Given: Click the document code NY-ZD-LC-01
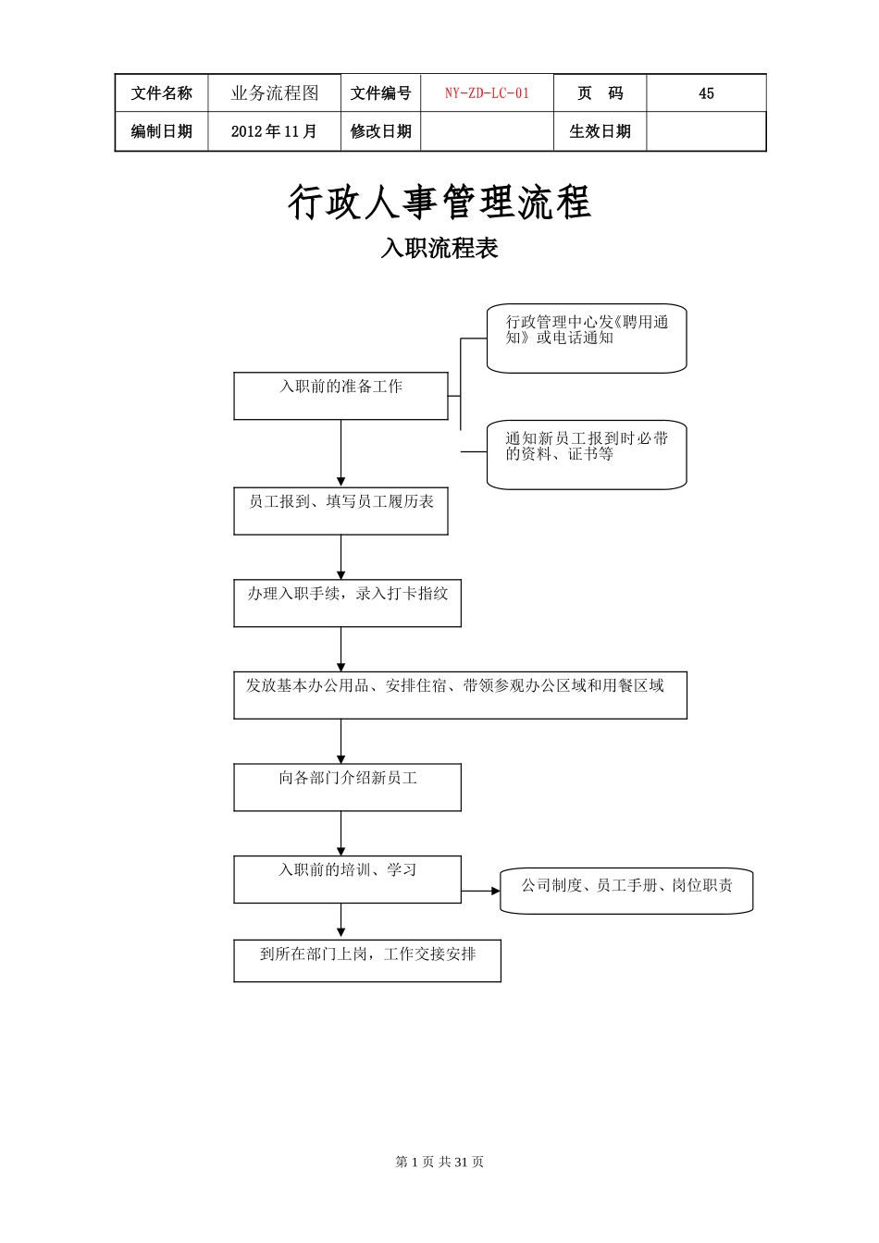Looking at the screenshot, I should click(x=487, y=93).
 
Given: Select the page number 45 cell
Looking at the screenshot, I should click(x=706, y=93).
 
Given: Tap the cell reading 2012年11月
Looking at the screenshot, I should click(x=274, y=131).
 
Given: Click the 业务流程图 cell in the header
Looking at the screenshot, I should click(x=274, y=93).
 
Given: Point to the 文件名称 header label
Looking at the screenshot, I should click(x=162, y=93).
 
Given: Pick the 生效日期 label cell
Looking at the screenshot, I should click(x=600, y=131).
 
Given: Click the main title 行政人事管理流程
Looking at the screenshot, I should click(x=439, y=203).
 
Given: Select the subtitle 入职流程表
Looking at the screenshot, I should click(x=439, y=248).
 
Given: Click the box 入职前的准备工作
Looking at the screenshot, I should click(x=340, y=396).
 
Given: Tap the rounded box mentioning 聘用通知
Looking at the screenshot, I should click(x=587, y=338).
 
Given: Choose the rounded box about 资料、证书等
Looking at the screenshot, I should click(x=587, y=454).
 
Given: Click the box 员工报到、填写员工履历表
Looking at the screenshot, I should click(x=340, y=511).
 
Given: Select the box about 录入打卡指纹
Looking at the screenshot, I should click(x=347, y=603).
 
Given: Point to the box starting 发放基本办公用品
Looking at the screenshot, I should click(x=460, y=695).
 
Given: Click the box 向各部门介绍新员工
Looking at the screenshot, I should click(x=347, y=787).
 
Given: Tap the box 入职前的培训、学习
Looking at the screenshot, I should click(x=347, y=879).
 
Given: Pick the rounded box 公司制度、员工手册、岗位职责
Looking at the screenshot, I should click(x=626, y=891).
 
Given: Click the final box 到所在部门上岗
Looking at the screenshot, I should click(x=367, y=961).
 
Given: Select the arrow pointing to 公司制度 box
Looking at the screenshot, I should click(x=481, y=892).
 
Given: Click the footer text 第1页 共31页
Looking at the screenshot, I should click(x=439, y=1162).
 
